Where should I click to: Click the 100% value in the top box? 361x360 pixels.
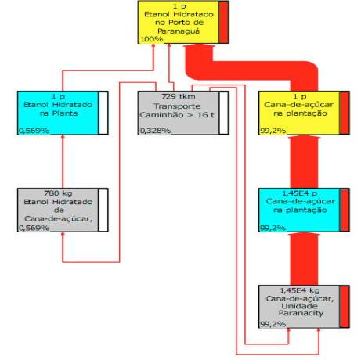(152, 39)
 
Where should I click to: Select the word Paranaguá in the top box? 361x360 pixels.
(179, 31)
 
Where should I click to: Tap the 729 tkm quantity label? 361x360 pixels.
(179, 96)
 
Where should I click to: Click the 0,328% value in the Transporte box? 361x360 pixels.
(155, 131)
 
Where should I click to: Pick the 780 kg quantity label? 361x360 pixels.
(58, 193)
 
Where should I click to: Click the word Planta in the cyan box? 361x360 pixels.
(65, 113)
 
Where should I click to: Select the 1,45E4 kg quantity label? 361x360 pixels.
(300, 290)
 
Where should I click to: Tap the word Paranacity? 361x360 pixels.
(301, 313)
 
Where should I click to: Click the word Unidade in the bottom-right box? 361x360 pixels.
(299, 306)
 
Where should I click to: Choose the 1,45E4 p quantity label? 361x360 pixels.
(300, 193)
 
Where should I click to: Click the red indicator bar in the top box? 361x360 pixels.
(223, 22)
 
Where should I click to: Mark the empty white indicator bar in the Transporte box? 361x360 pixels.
(224, 113)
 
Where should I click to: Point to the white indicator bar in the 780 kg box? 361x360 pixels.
(103, 210)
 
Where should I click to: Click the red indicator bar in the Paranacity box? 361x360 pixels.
(345, 307)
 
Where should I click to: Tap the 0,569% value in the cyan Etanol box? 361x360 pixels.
(34, 131)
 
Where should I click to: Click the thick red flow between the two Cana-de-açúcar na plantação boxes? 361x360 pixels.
(304, 162)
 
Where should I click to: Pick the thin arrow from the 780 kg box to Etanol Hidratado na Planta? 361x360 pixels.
(63, 161)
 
